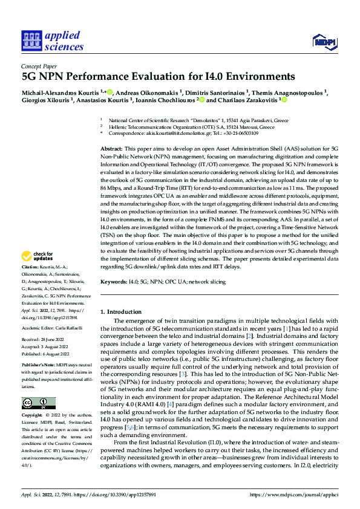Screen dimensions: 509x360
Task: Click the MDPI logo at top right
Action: click(x=324, y=41)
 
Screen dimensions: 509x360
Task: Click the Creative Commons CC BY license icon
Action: click(x=38, y=403)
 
